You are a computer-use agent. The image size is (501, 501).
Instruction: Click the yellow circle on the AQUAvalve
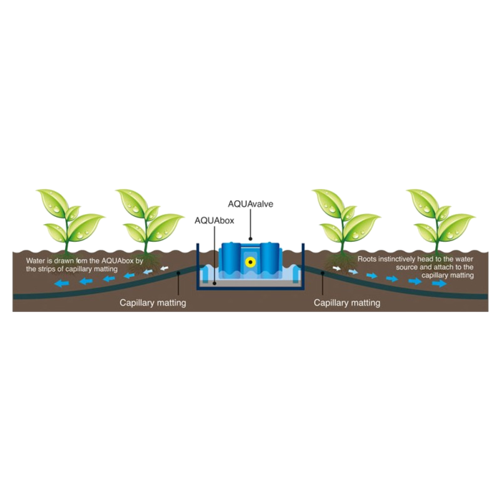[249, 263]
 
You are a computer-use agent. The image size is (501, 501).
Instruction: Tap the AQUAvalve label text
[250, 204]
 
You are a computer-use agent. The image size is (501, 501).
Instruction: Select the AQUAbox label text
[215, 220]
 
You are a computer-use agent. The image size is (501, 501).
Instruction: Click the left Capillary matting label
[152, 303]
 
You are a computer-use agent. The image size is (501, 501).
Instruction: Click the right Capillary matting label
[347, 303]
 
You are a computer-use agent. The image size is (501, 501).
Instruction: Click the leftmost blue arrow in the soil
[62, 285]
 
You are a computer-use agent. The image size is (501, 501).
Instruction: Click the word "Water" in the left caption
[37, 261]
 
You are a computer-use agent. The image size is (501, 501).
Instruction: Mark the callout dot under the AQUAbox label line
[215, 283]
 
